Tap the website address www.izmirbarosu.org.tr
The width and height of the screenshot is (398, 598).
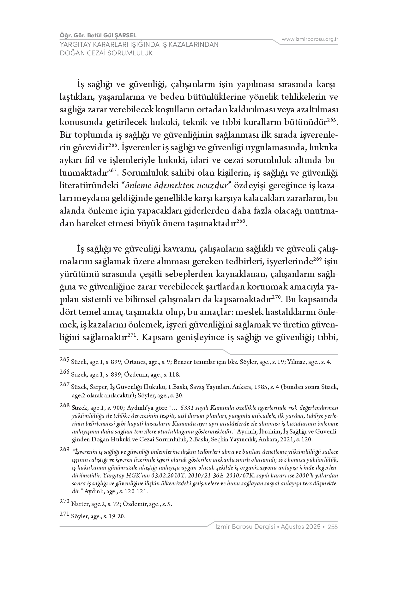[x=310, y=39]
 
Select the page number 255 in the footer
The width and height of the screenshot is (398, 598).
[x=333, y=527]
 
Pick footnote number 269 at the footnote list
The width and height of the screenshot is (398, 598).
[x=64, y=449]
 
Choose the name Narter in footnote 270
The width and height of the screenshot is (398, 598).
[x=80, y=504]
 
